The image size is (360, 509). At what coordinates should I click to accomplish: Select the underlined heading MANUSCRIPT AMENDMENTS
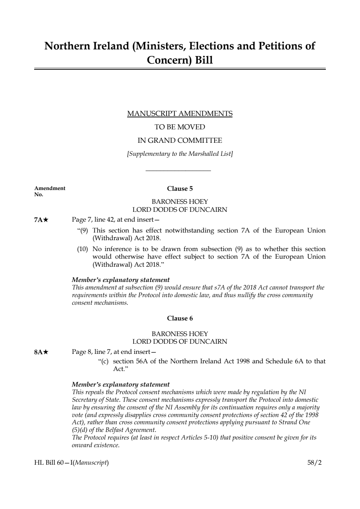pyautogui.click(x=180, y=114)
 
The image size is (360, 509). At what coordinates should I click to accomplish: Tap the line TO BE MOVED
pyautogui.click(x=180, y=127)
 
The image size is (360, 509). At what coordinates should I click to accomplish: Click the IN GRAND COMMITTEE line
pyautogui.click(x=180, y=141)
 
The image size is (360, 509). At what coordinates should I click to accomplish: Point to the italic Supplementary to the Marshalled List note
pyautogui.click(x=180, y=154)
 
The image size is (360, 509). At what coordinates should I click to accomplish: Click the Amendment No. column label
pyautogui.click(x=49, y=191)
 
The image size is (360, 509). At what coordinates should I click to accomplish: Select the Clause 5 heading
pyautogui.click(x=180, y=189)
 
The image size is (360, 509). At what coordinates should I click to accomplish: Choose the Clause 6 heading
pyautogui.click(x=180, y=319)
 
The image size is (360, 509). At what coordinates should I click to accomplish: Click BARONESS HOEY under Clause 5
pyautogui.click(x=180, y=202)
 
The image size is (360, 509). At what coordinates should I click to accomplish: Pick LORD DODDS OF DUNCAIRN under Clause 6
pyautogui.click(x=180, y=342)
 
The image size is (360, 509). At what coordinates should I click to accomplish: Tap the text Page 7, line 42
pyautogui.click(x=93, y=219)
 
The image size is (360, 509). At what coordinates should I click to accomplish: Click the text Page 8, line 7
pyautogui.click(x=92, y=352)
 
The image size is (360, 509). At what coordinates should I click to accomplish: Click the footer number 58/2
pyautogui.click(x=314, y=463)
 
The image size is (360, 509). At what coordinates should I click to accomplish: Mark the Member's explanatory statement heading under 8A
pyautogui.click(x=121, y=384)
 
